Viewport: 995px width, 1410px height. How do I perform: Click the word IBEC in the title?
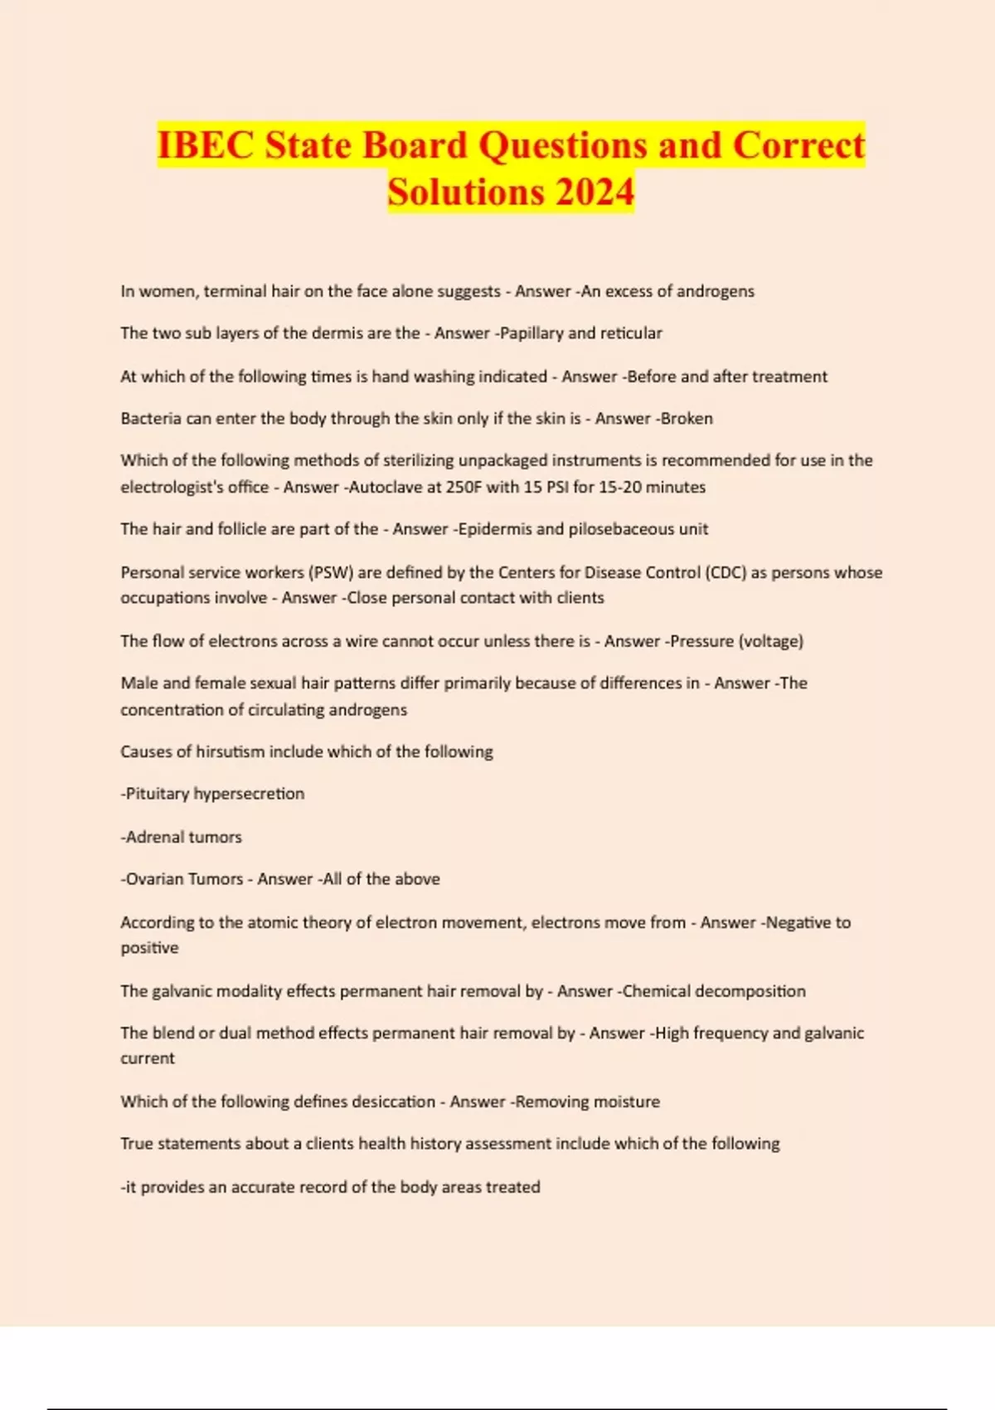coord(206,146)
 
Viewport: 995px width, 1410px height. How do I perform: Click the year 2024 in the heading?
coord(595,192)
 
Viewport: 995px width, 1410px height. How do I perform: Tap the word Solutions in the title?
coord(464,192)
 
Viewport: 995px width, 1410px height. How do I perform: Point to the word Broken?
coord(687,419)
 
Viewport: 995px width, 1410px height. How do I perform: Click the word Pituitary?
coord(157,795)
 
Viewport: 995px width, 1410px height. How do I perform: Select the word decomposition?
coord(750,992)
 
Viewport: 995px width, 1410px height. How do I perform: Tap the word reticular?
coord(631,333)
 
